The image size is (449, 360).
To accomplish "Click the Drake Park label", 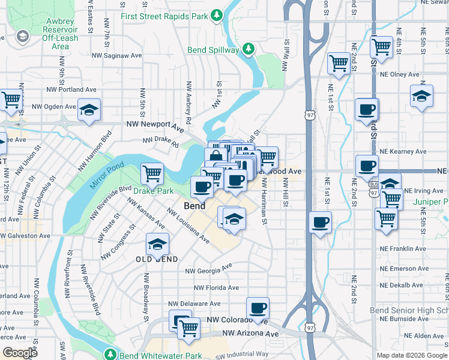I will pyautogui.click(x=153, y=191).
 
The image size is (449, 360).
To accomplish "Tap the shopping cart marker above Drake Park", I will pyautogui.click(x=152, y=173).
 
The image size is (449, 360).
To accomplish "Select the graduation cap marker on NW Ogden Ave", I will pyautogui.click(x=89, y=110).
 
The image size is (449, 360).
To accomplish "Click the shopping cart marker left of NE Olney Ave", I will pyautogui.click(x=339, y=62).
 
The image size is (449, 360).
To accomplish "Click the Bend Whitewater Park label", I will pyautogui.click(x=160, y=356).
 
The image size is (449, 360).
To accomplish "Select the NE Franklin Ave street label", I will pyautogui.click(x=403, y=248).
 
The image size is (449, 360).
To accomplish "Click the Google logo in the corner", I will pyautogui.click(x=20, y=353).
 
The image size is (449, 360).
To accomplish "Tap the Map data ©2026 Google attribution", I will pyautogui.click(x=411, y=355).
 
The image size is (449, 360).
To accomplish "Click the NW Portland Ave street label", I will pyautogui.click(x=71, y=90).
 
